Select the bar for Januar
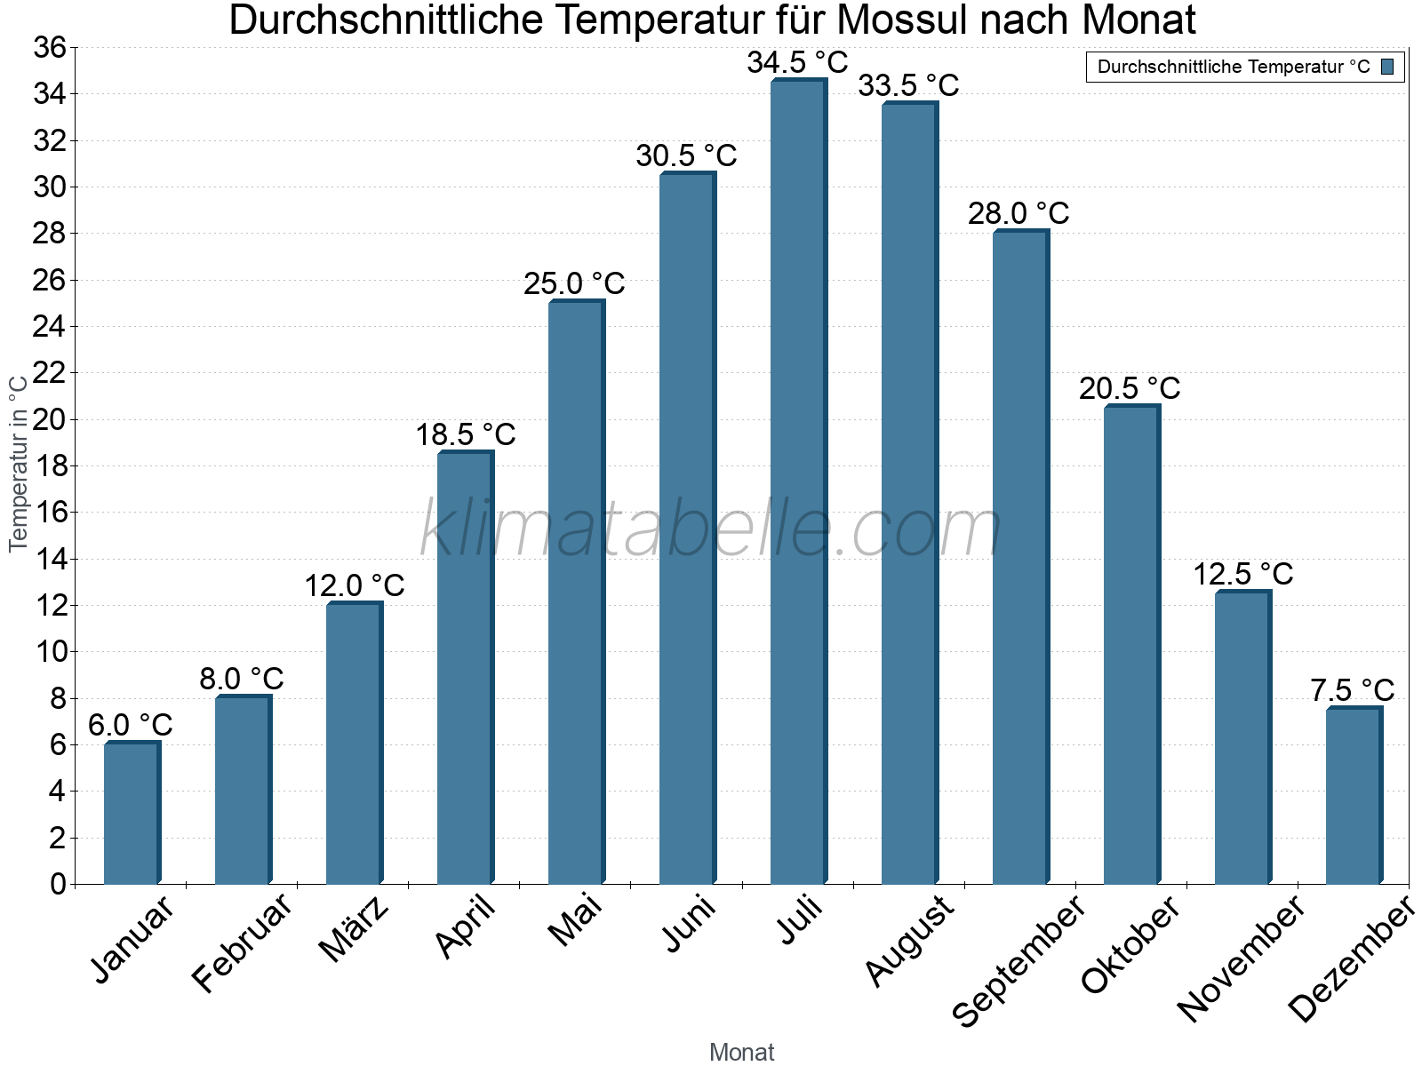coord(132,813)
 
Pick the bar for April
coord(465,668)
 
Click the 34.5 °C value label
coord(797,63)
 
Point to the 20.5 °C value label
coord(1130,388)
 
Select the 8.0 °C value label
coord(241,679)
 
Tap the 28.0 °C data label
coord(1019,214)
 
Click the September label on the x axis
coord(1019,959)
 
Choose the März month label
coord(354,929)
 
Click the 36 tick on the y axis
coord(50,47)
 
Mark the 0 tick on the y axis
coord(59,884)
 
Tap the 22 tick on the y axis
coord(50,373)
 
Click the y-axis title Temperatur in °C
coord(18,463)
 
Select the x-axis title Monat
coord(742,1052)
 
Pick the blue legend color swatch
coord(1387,67)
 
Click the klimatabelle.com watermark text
coord(710,529)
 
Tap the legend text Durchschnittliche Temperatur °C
coord(1234,67)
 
